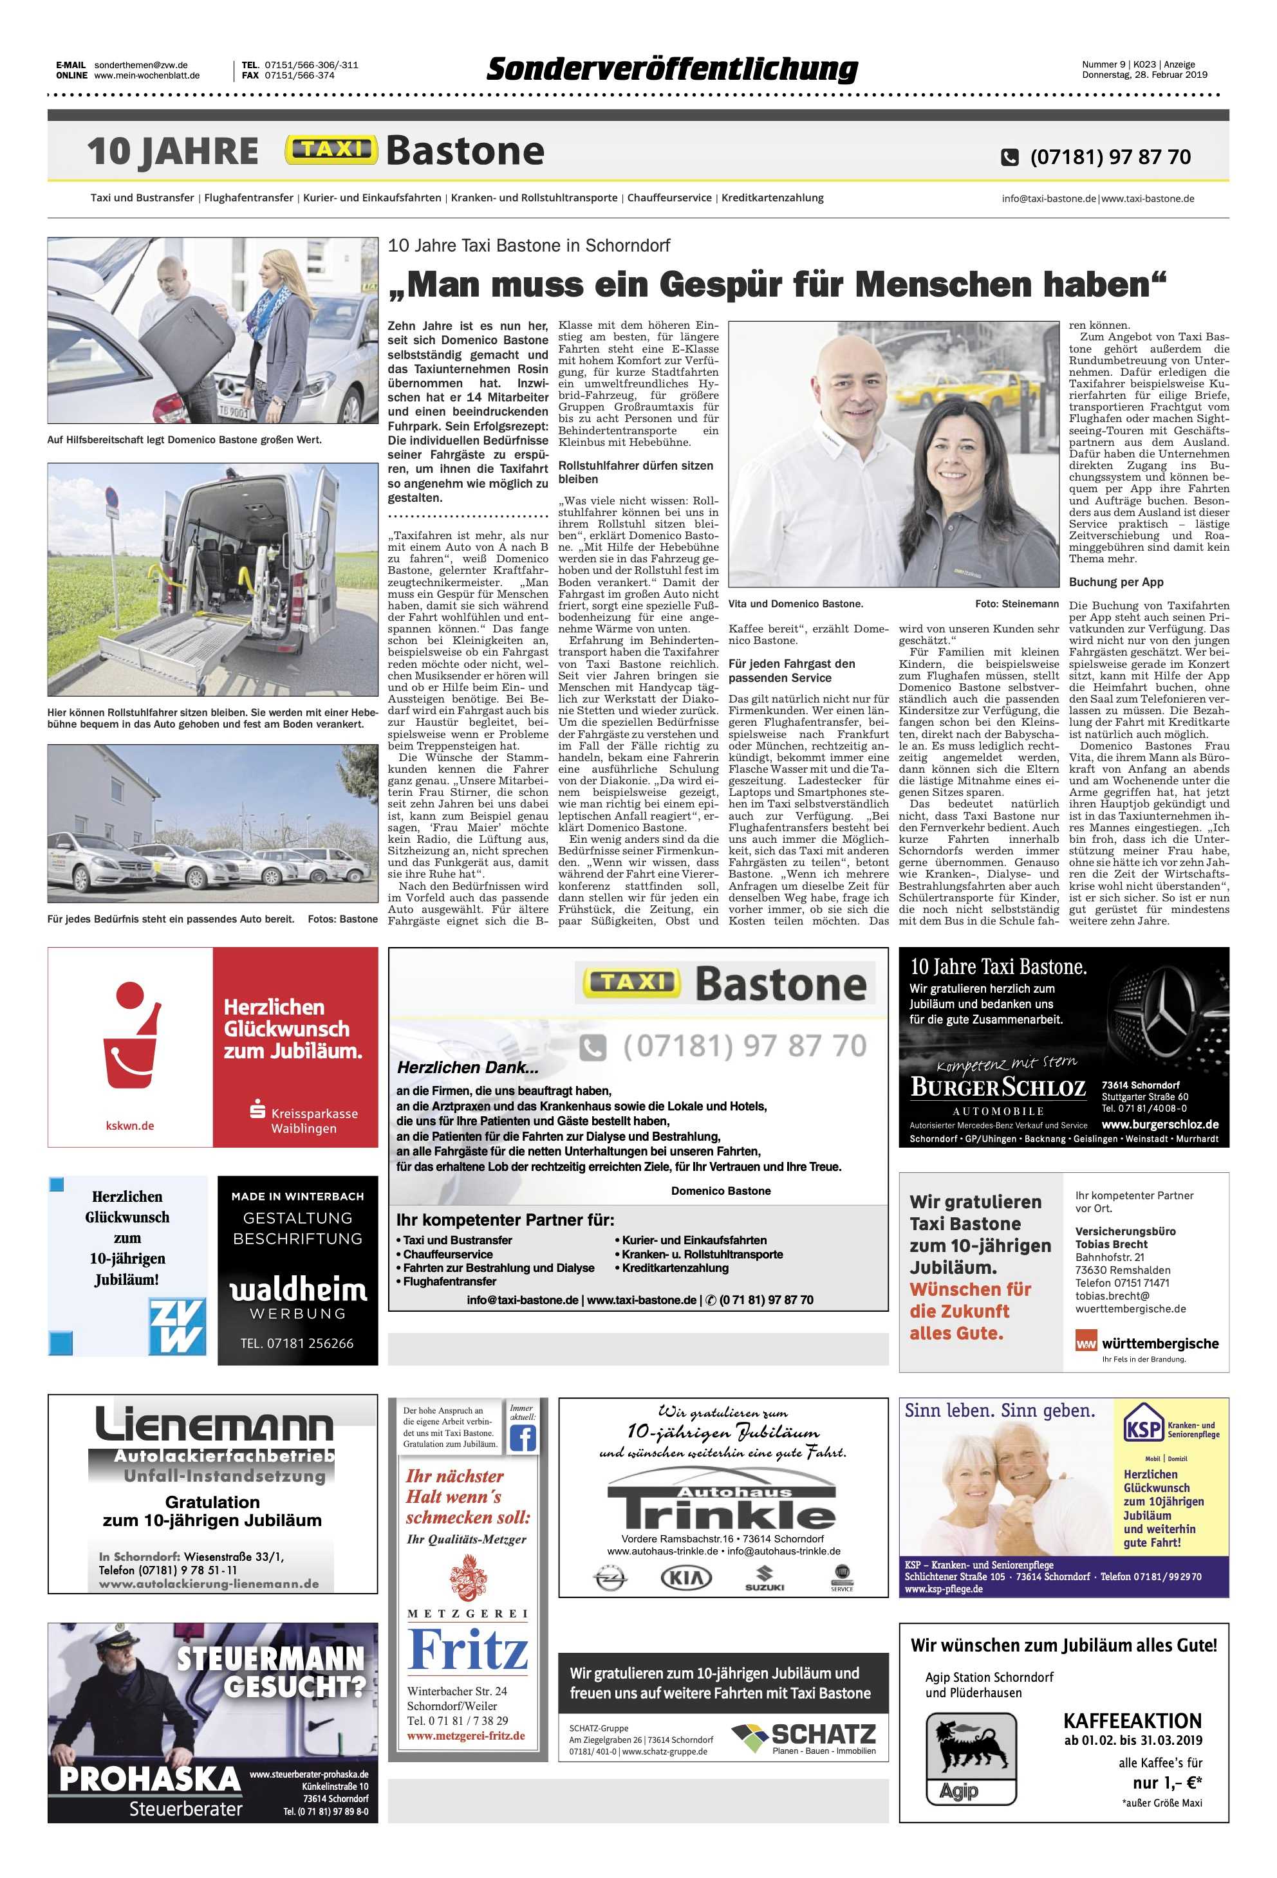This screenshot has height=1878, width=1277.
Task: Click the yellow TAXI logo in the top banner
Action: coord(331,151)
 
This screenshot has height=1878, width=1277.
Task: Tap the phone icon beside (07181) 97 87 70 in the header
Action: coord(1009,157)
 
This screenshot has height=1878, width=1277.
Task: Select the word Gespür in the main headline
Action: coord(723,284)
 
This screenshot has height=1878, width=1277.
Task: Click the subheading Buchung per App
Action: coord(1116,582)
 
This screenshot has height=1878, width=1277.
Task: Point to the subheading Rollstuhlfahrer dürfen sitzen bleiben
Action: coord(635,472)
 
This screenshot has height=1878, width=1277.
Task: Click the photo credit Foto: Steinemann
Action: coord(1016,603)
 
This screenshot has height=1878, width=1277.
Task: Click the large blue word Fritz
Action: coord(467,1650)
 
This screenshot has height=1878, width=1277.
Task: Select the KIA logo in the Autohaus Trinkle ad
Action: coord(686,1577)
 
